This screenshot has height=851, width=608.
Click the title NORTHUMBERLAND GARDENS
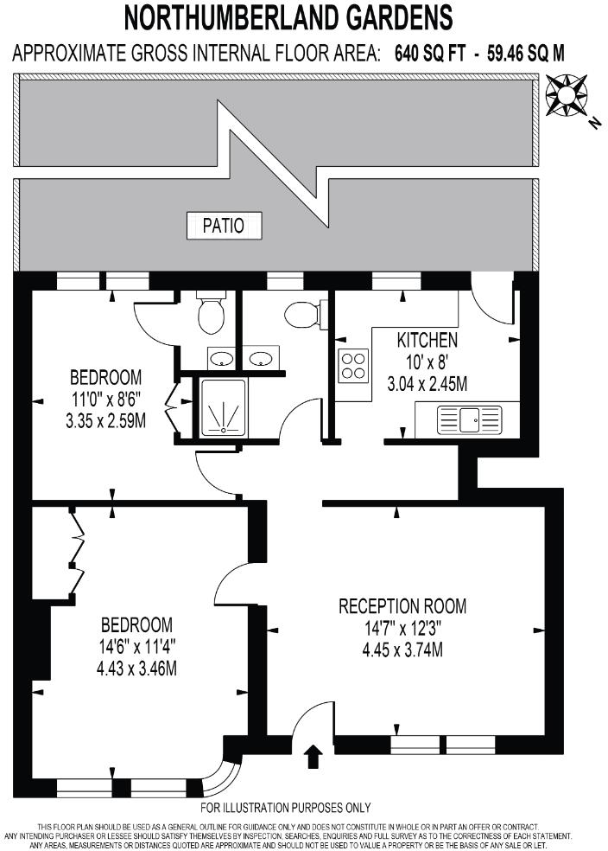(x=288, y=16)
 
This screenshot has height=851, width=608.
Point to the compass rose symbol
(x=566, y=95)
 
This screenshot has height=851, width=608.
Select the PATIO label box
(x=223, y=227)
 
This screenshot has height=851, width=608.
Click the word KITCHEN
(x=427, y=340)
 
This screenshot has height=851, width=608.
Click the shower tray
(x=224, y=406)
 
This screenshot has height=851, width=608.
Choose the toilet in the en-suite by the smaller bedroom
(x=211, y=316)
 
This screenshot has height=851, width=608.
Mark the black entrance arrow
(x=313, y=758)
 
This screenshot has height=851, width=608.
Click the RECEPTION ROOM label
(x=402, y=606)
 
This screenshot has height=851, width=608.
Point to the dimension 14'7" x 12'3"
(x=402, y=629)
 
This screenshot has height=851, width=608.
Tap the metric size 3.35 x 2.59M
(x=106, y=422)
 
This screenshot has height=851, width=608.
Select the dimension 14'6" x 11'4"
(x=136, y=646)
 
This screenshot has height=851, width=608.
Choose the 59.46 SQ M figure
(x=521, y=54)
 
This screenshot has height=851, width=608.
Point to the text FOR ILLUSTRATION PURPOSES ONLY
(x=285, y=808)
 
